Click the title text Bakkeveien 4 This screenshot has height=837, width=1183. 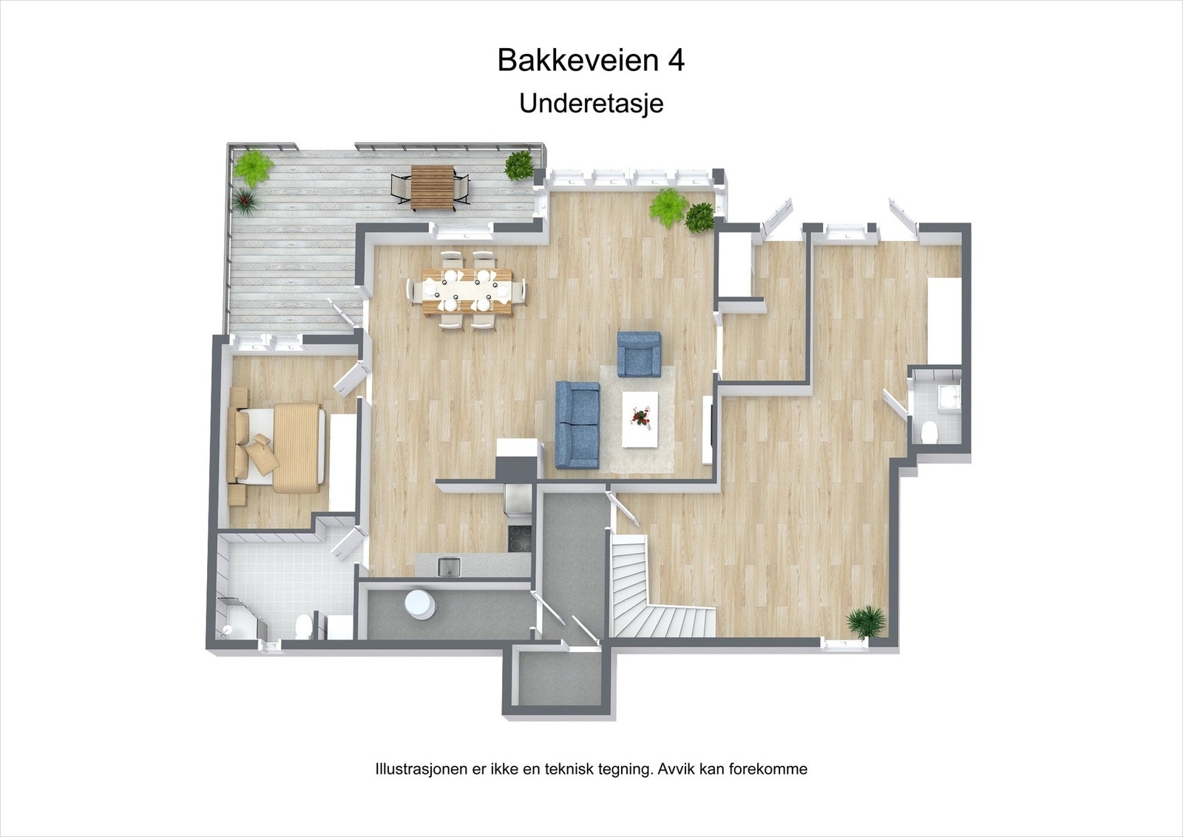point(591,60)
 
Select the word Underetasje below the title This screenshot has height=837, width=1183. point(591,103)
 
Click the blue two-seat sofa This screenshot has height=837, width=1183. point(577,424)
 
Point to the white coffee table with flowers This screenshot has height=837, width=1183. point(640,419)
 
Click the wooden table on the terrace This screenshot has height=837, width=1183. point(433,187)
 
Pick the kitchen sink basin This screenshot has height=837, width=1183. point(448,567)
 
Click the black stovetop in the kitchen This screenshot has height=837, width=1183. point(518,537)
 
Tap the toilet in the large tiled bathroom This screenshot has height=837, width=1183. point(302,628)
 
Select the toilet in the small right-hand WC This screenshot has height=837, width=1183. point(931,430)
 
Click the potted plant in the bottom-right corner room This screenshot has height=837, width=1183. point(866,620)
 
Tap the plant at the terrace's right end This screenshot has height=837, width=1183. point(519,165)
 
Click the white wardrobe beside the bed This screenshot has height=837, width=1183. point(342,462)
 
